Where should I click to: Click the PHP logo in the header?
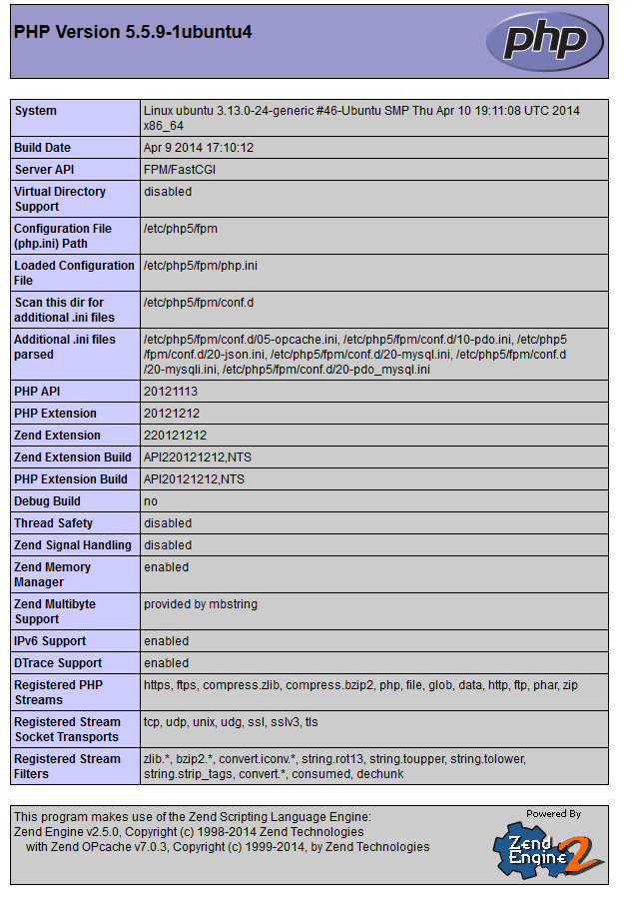point(545,40)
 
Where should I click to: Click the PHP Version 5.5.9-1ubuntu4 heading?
point(133,32)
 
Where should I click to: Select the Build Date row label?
point(42,148)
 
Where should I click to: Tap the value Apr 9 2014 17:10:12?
point(199,148)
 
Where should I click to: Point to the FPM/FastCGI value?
point(180,170)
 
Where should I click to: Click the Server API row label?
point(44,170)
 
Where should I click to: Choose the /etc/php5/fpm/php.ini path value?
point(201,266)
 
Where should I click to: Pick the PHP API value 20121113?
point(171,392)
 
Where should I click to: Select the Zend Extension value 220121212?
point(175,436)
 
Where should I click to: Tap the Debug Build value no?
point(151,501)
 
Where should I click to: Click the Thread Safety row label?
point(53,523)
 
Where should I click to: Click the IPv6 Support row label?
point(50,641)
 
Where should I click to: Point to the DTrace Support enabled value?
point(166,663)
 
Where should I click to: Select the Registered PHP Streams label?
point(59,692)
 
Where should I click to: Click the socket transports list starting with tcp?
point(231,722)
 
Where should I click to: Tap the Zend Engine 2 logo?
point(548,848)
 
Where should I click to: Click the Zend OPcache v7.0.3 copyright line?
point(228,847)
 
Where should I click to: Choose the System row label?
point(36,111)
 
